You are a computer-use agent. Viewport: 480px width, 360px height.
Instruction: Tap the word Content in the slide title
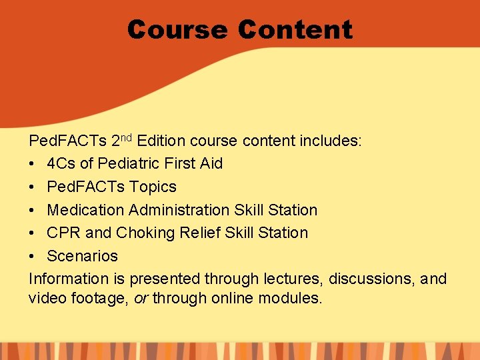click(x=295, y=30)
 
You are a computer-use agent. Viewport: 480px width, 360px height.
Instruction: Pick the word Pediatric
click(x=128, y=164)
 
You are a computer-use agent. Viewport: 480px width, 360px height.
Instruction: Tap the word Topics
click(x=153, y=187)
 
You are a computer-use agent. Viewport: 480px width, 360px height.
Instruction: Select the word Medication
click(x=86, y=210)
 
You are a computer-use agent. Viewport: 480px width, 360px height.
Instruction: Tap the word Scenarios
click(x=82, y=256)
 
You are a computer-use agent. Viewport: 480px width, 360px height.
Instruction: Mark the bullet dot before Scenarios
click(x=33, y=257)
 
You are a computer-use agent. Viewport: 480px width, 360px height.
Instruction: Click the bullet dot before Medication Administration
click(x=33, y=211)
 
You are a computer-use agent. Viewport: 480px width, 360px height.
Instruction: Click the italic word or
click(x=141, y=299)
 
